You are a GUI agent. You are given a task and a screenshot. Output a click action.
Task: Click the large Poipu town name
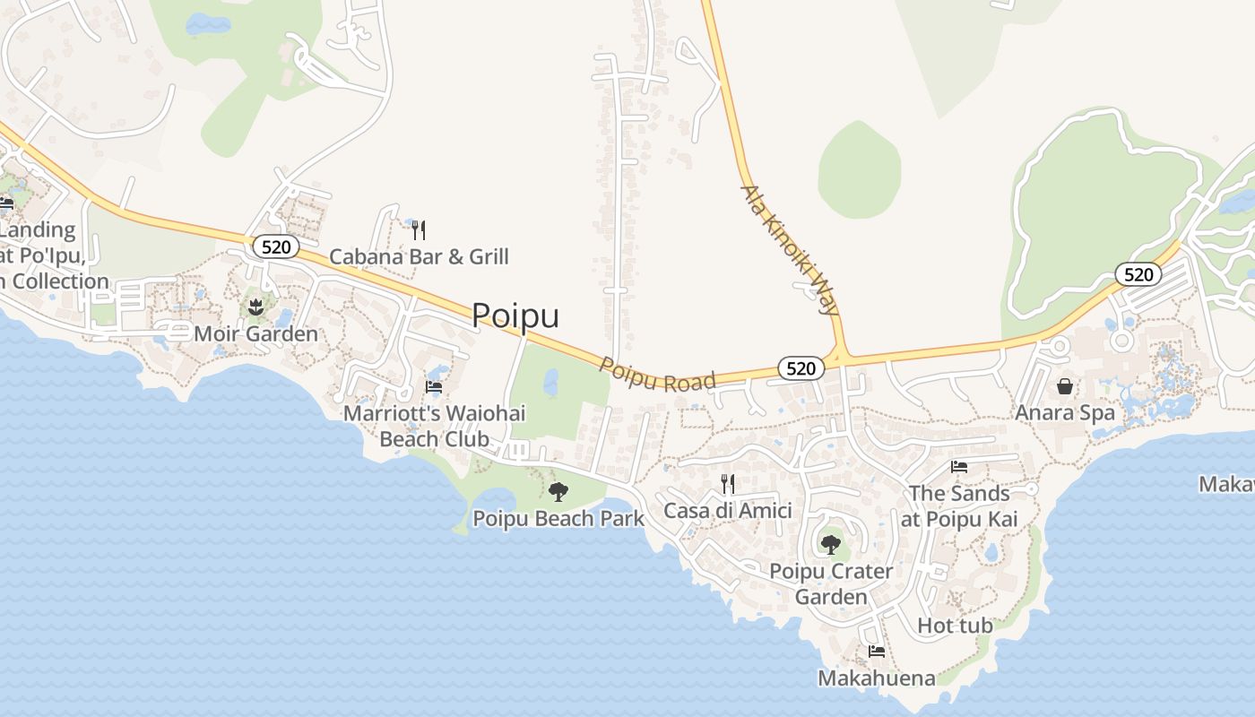click(x=515, y=315)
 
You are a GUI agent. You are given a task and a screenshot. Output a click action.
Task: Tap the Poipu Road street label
click(x=658, y=376)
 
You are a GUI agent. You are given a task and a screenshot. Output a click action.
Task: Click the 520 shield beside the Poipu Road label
click(x=801, y=367)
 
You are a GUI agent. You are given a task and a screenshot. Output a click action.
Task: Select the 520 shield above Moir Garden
click(x=275, y=246)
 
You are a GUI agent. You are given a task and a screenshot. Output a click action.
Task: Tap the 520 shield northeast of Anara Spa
click(x=1138, y=274)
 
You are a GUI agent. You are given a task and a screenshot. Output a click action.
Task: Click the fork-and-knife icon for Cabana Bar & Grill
click(x=419, y=230)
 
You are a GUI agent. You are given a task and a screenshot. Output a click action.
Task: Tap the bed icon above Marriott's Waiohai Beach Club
click(x=434, y=387)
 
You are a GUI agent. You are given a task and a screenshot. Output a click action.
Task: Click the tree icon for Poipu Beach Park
click(x=558, y=491)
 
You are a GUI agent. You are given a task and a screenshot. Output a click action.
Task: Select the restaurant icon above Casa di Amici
click(x=728, y=484)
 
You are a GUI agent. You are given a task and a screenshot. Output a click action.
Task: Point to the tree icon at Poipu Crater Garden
click(x=831, y=544)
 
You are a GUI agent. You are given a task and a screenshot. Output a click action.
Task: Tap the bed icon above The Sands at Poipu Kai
click(x=959, y=467)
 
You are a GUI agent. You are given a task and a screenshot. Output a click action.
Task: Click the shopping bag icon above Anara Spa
click(x=1065, y=386)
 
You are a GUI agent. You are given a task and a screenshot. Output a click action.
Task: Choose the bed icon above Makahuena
click(x=876, y=652)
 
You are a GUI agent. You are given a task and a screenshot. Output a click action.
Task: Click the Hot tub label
click(x=955, y=626)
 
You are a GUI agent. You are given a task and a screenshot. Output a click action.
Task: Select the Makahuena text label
click(x=876, y=678)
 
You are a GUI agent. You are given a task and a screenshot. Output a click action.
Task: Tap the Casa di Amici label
click(x=728, y=511)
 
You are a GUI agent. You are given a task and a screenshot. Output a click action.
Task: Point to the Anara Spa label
click(x=1065, y=413)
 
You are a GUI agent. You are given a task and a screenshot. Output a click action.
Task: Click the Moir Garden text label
click(x=256, y=334)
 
